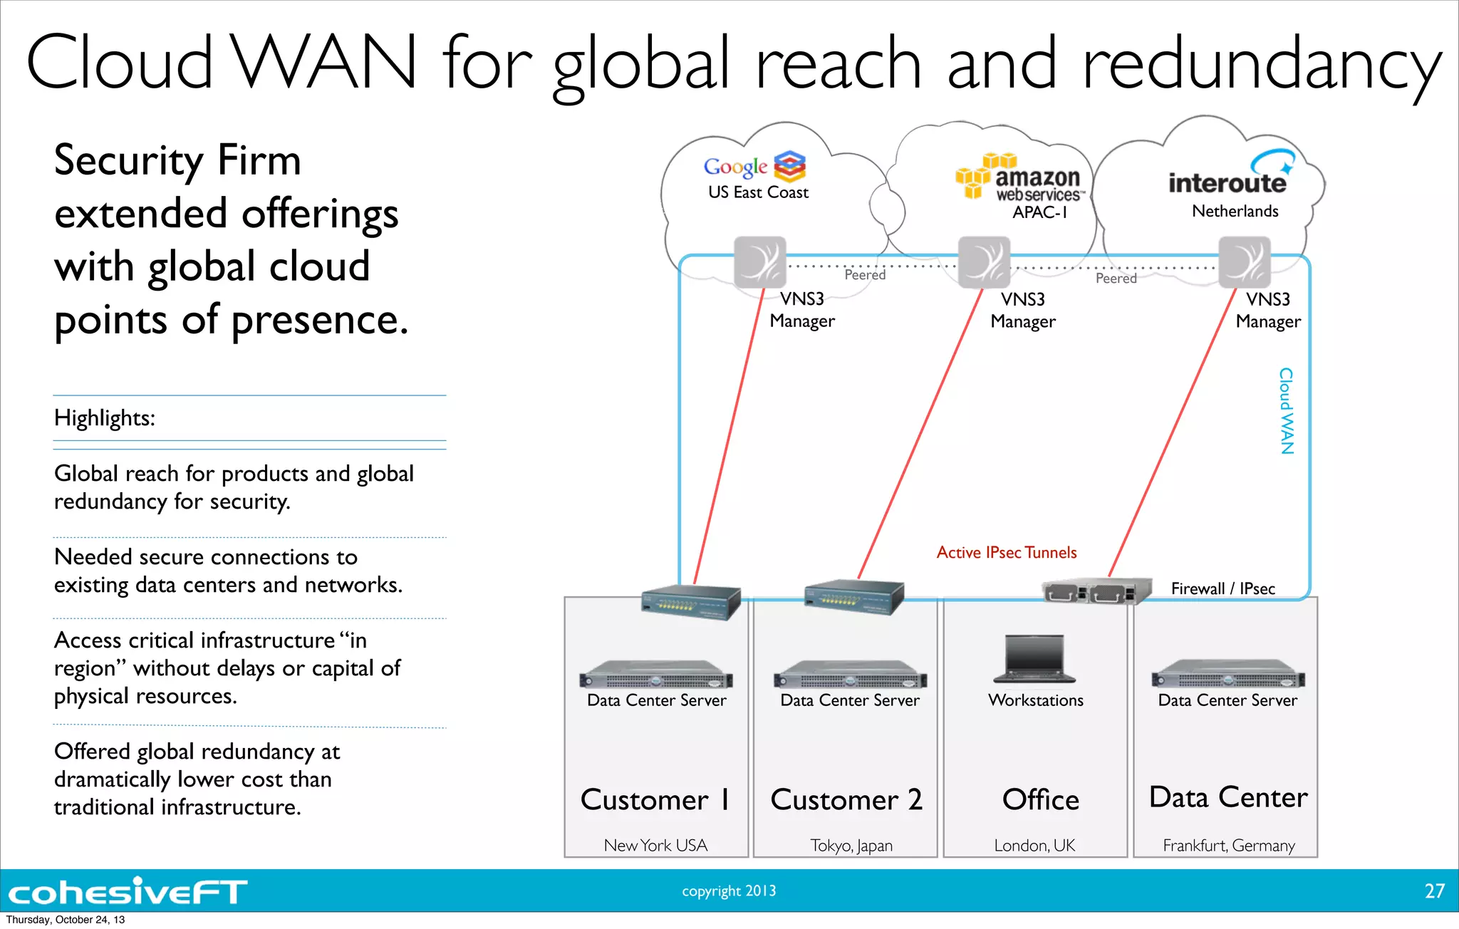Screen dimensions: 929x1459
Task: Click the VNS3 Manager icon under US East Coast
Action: point(760,262)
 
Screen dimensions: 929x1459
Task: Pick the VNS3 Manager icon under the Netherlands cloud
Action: point(1244,262)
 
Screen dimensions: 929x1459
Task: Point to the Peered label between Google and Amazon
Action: point(865,275)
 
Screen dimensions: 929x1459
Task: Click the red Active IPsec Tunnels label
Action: point(1006,553)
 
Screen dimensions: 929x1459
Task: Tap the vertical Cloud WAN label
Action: point(1286,411)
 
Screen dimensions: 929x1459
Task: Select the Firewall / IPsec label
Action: point(1222,589)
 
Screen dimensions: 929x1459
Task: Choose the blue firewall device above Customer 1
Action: point(690,603)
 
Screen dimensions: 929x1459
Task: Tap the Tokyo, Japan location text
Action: point(851,846)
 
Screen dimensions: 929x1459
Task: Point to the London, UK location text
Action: point(1034,846)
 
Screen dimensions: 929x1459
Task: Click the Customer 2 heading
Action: point(846,800)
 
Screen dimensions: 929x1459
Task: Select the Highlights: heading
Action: point(105,418)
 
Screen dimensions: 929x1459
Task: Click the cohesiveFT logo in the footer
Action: point(127,891)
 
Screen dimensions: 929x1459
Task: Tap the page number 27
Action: point(1434,891)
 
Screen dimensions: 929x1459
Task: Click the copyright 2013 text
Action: point(729,891)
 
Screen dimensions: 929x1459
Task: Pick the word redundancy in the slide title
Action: point(1261,64)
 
